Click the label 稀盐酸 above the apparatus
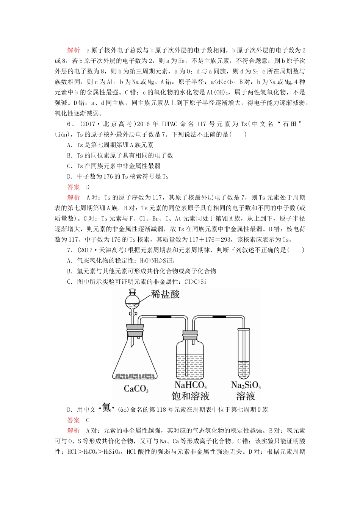(165, 294)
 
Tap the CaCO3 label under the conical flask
(136, 389)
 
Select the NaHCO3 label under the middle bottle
(190, 385)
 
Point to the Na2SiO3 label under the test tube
(246, 385)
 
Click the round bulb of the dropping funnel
(132, 301)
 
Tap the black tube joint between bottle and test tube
(217, 317)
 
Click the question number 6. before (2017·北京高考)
(70, 124)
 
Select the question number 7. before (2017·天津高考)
(70, 250)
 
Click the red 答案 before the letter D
(74, 187)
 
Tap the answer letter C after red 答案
(88, 420)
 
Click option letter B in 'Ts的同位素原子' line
(69, 156)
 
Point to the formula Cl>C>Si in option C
(195, 282)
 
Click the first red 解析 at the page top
(74, 50)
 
